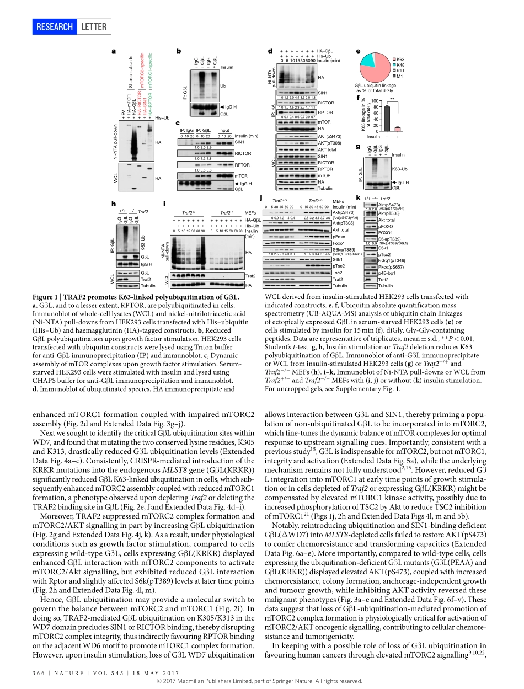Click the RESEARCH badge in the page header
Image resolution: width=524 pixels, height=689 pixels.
pyautogui.click(x=54, y=26)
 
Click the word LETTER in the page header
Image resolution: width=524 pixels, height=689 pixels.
pyautogui.click(x=94, y=26)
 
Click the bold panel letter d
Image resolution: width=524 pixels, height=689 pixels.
pyautogui.click(x=270, y=51)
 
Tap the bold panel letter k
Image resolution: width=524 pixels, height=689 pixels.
pyautogui.click(x=358, y=197)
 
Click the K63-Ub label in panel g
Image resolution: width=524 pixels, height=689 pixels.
pyautogui.click(x=400, y=169)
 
